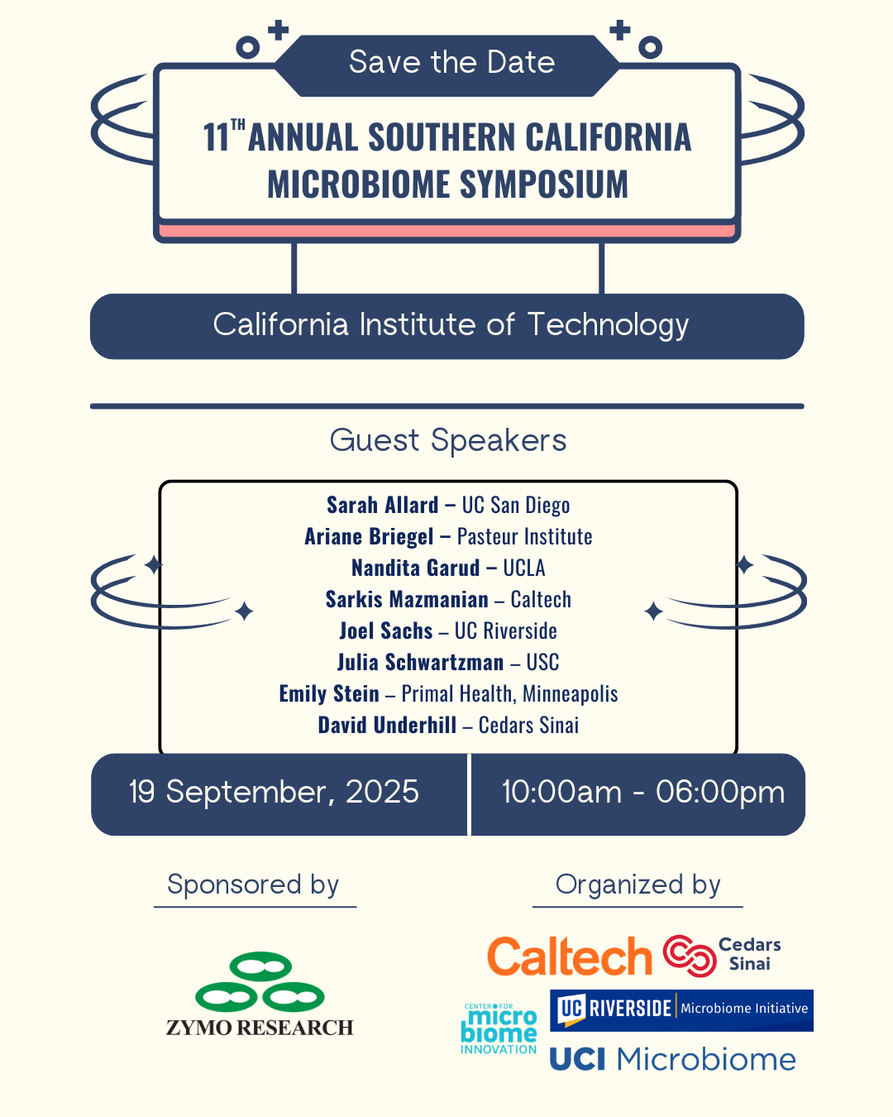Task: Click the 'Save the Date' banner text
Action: [451, 62]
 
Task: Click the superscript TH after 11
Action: [237, 125]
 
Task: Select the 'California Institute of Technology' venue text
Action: [451, 325]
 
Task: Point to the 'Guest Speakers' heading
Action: [448, 441]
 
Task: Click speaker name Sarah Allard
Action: [382, 505]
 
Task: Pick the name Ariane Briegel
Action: [369, 537]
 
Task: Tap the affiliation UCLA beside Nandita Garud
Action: [524, 568]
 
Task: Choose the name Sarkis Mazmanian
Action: [407, 600]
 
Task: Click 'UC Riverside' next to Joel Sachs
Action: [506, 631]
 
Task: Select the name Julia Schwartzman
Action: [420, 662]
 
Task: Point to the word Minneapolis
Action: [571, 694]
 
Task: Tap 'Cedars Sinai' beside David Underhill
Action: [528, 726]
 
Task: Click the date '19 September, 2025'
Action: [274, 792]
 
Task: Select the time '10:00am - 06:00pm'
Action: [643, 793]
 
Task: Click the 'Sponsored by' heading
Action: [253, 884]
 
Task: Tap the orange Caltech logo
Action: [569, 956]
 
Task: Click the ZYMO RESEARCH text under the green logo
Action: [260, 1028]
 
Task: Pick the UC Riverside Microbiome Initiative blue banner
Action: [681, 1010]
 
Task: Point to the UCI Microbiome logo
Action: [672, 1059]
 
